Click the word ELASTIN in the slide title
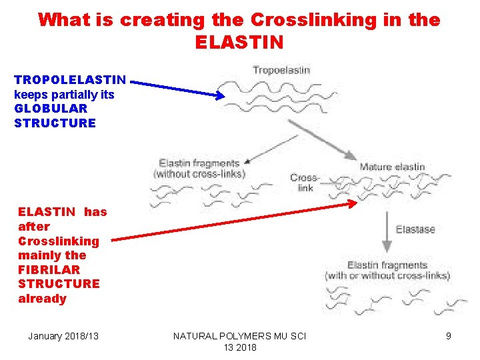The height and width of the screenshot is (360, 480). [x=239, y=43]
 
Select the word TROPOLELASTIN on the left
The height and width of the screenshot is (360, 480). [x=70, y=80]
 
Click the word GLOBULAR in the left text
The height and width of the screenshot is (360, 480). [x=51, y=108]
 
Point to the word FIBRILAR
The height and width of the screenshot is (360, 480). [x=49, y=269]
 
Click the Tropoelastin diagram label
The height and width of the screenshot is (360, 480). [x=281, y=70]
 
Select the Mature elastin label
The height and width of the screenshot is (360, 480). [x=392, y=167]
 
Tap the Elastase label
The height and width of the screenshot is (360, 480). [x=415, y=229]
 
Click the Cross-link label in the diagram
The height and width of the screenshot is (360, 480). [x=305, y=183]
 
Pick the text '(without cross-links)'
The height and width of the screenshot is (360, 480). [x=199, y=174]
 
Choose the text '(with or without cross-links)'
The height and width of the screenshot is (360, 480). [x=387, y=275]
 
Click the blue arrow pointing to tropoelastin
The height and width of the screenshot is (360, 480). [x=177, y=88]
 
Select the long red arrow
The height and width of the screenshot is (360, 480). [x=233, y=221]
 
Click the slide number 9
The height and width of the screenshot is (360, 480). [x=449, y=336]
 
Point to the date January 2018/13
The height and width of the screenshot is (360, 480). [x=63, y=336]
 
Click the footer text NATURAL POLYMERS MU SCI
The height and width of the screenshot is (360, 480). [x=239, y=336]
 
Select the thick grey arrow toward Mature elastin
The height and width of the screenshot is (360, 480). [x=322, y=139]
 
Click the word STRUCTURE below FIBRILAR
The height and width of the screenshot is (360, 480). [x=59, y=284]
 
